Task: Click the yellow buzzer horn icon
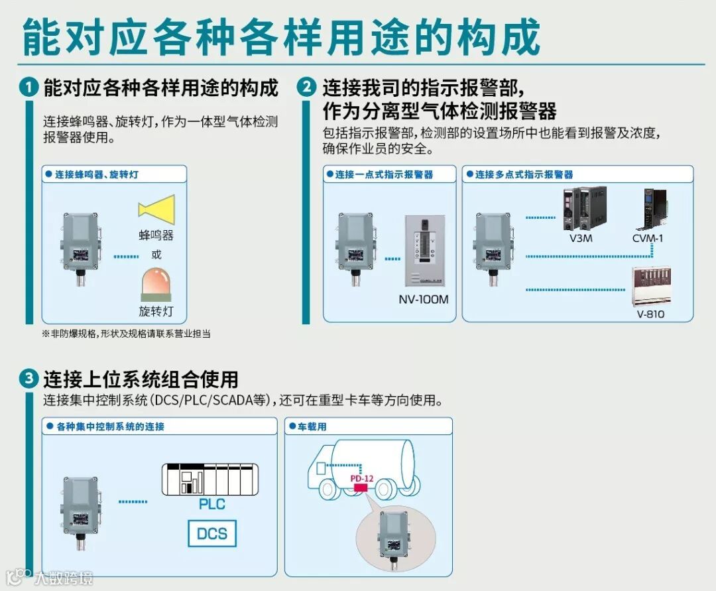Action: [x=156, y=208]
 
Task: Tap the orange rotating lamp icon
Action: [x=156, y=285]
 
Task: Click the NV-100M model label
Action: [x=423, y=299]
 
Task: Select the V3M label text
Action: [x=581, y=237]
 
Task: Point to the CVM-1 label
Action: [x=648, y=237]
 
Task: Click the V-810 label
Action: [x=650, y=314]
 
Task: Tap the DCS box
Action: [x=211, y=533]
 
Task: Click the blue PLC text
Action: [x=211, y=504]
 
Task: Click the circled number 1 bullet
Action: [x=28, y=88]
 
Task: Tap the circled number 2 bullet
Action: [x=307, y=88]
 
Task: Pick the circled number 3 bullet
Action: [x=28, y=379]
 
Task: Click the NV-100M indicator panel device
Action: [x=423, y=251]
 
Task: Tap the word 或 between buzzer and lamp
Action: [x=156, y=255]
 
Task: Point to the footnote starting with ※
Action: [x=126, y=334]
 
